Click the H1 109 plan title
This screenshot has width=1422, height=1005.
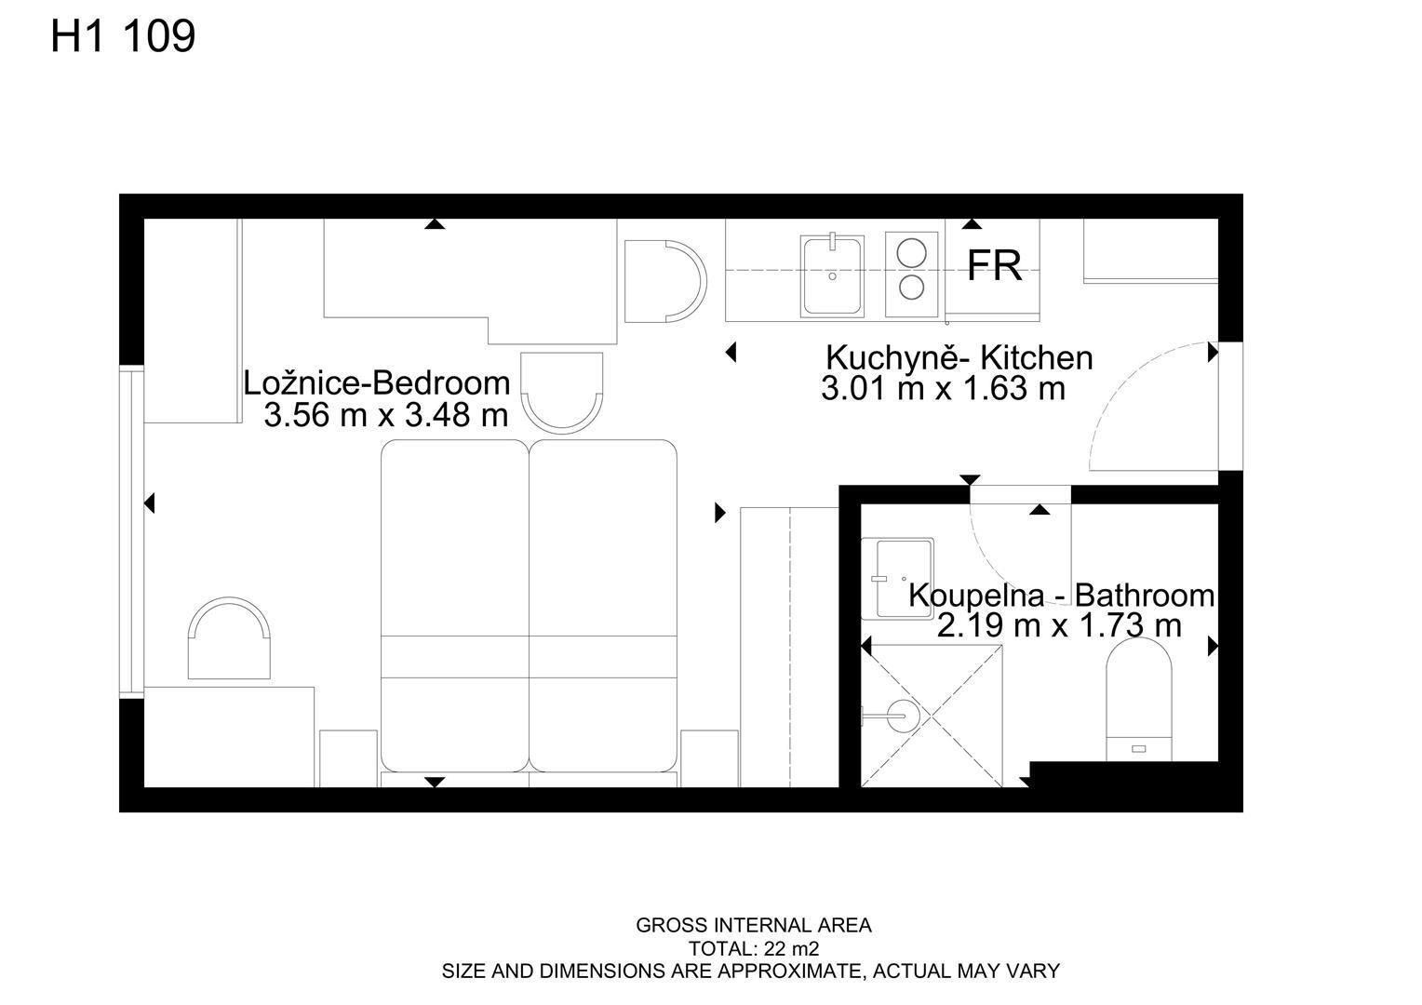pos(123,36)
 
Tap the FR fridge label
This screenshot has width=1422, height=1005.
pos(994,265)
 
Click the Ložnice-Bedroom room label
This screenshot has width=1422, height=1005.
pos(377,383)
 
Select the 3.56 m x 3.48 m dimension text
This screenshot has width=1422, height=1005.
pos(386,415)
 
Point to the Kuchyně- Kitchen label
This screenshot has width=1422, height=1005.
pos(959,358)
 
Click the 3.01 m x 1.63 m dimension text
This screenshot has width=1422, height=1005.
pos(943,389)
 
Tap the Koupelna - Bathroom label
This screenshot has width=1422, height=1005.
pos(1062,596)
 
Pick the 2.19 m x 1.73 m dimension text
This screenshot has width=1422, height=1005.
pos(1059,626)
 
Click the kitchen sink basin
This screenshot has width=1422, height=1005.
pos(832,276)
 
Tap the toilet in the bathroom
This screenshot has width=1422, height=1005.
pos(1139,699)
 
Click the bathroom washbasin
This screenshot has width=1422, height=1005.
pos(897,579)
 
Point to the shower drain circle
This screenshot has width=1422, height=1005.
pos(903,717)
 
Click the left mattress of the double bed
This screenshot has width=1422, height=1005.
pos(454,606)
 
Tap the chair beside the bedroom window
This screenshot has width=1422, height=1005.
pos(229,638)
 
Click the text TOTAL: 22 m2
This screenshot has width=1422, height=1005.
pos(754,948)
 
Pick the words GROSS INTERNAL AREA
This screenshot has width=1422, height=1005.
pos(754,925)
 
